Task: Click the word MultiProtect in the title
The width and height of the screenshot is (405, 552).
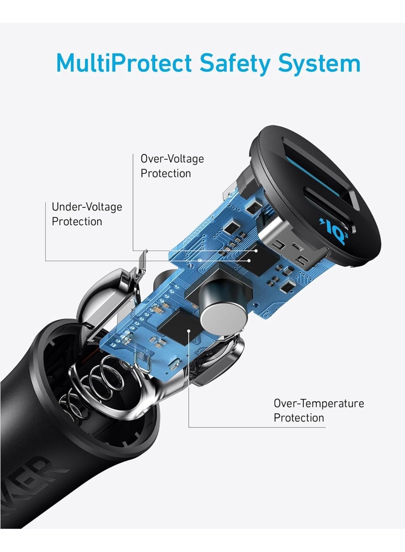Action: pyautogui.click(x=124, y=64)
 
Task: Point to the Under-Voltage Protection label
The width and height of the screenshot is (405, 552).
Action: pyautogui.click(x=87, y=214)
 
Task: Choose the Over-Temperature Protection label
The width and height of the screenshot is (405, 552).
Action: pyautogui.click(x=318, y=410)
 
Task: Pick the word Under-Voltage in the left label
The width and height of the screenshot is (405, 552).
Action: pyautogui.click(x=87, y=207)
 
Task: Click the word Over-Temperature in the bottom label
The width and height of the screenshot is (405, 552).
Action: pyautogui.click(x=318, y=403)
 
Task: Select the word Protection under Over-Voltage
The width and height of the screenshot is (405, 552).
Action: pyautogui.click(x=166, y=173)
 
